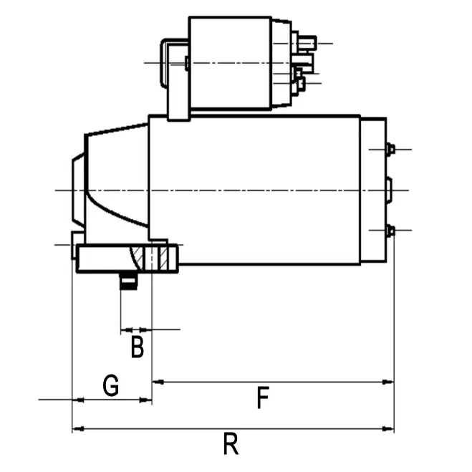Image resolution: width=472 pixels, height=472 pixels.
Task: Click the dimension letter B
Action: click(x=138, y=347)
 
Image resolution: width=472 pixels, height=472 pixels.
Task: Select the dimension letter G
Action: click(x=110, y=386)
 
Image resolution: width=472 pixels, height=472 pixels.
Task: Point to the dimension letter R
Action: click(x=230, y=444)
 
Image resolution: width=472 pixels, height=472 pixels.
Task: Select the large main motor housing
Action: click(x=254, y=190)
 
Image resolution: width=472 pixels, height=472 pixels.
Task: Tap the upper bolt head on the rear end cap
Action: click(x=390, y=149)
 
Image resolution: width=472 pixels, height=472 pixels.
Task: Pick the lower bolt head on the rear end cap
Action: click(x=390, y=230)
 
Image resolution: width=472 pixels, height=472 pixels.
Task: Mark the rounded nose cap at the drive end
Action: click(x=77, y=190)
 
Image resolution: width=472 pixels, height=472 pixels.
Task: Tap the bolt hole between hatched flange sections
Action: click(x=153, y=258)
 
